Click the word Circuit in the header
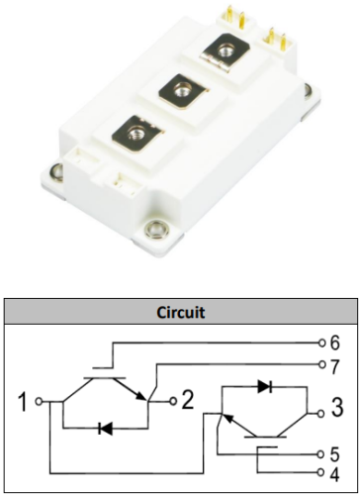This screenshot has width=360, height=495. [x=181, y=312]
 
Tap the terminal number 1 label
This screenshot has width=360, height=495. [x=24, y=402]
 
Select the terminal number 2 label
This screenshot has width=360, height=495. [x=188, y=400]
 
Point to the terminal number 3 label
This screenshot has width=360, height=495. [x=337, y=407]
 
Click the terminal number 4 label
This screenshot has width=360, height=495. [x=334, y=474]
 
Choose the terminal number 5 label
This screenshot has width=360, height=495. [x=334, y=454]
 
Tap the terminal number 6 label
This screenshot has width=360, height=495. [x=334, y=343]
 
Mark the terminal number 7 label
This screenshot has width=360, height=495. [x=334, y=366]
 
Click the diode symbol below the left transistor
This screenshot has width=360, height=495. [x=106, y=429]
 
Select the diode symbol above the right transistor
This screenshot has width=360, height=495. [x=265, y=386]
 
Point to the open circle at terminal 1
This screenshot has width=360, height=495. [x=40, y=402]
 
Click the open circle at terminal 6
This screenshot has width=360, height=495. [x=321, y=343]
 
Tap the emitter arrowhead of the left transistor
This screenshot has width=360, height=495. [x=141, y=396]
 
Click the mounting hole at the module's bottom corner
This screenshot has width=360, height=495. [x=156, y=229]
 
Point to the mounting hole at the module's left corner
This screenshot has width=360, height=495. [x=57, y=172]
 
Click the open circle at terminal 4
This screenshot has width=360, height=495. [x=321, y=472]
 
